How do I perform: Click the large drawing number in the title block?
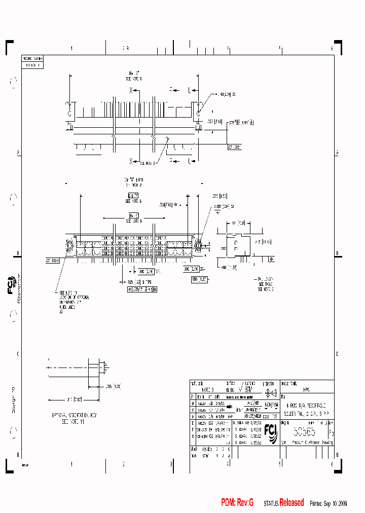304,432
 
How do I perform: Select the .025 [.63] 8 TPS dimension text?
132,281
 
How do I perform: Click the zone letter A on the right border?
338,153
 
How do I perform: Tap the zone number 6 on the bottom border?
332,464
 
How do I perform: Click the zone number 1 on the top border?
71,49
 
